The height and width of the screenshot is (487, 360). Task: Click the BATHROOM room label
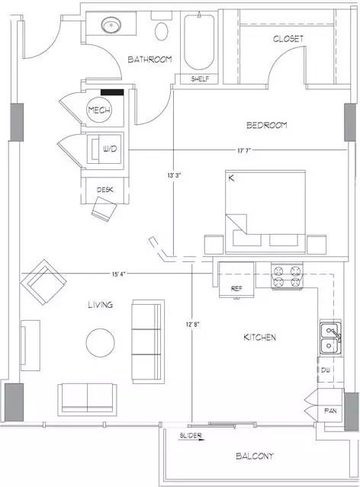[149, 59]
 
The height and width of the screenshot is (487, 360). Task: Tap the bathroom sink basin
[111, 25]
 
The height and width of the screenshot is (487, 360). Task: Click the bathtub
[199, 42]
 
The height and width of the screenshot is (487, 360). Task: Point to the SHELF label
[200, 79]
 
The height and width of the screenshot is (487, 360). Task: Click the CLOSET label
[288, 39]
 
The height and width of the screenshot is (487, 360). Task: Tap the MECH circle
[99, 110]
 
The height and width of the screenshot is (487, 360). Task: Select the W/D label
[110, 149]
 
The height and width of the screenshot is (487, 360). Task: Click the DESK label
[104, 190]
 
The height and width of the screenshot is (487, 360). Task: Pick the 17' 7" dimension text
[244, 151]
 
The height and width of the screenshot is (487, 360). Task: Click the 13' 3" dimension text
[174, 175]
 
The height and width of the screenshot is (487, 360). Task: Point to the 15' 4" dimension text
[119, 274]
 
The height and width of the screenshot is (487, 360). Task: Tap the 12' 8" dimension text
[192, 325]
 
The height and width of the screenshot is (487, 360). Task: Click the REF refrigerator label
[236, 289]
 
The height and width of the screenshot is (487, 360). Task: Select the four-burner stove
[287, 276]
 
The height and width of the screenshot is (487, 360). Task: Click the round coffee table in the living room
[100, 343]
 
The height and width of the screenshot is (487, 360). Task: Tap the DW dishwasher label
[326, 370]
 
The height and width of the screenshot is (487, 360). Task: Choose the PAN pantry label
[330, 411]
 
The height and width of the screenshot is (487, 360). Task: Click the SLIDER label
[191, 435]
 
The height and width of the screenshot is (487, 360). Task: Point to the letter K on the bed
[231, 178]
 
